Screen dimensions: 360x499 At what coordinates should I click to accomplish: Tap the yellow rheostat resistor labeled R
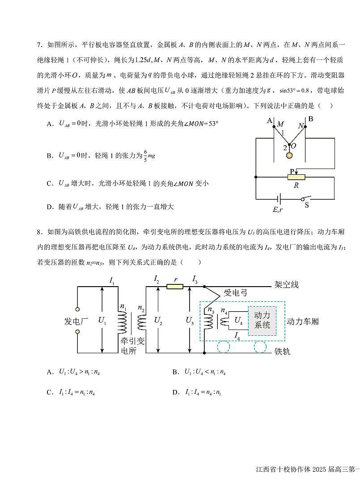click(296, 177)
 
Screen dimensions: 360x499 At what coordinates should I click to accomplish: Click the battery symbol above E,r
click(280, 199)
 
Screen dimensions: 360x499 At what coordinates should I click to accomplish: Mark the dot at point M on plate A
click(274, 127)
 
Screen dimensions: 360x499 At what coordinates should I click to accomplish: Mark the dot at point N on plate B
click(305, 127)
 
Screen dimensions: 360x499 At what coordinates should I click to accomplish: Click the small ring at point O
click(289, 145)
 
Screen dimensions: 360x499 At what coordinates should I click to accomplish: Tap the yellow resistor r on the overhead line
click(174, 286)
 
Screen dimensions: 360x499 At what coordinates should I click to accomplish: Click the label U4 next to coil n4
click(238, 321)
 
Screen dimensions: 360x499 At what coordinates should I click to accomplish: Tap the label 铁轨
click(282, 351)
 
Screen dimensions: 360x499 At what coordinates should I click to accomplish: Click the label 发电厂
click(77, 321)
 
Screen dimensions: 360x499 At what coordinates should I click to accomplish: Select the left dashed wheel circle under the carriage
click(224, 347)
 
